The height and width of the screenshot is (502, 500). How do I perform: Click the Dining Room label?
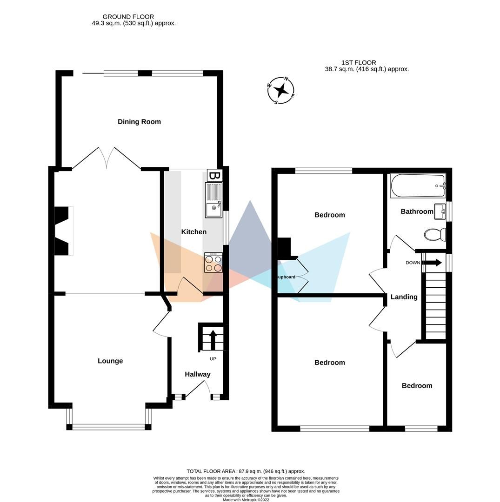pyautogui.click(x=139, y=122)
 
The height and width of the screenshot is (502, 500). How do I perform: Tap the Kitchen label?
pyautogui.click(x=193, y=231)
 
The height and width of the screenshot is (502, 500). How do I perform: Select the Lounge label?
pyautogui.click(x=110, y=361)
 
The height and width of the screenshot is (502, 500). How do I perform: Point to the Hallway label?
pyautogui.click(x=197, y=374)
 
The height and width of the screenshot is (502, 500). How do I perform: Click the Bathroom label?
pyautogui.click(x=417, y=211)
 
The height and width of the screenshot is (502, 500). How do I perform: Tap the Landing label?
pyautogui.click(x=404, y=297)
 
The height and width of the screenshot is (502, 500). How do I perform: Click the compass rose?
pyautogui.click(x=281, y=91)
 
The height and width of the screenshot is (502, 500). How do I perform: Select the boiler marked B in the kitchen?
pyautogui.click(x=214, y=176)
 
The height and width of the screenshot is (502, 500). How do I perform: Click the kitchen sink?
pyautogui.click(x=214, y=200)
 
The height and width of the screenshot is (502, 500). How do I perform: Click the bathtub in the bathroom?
pyautogui.click(x=418, y=186)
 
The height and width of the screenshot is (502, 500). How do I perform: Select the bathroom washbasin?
pyautogui.click(x=440, y=211)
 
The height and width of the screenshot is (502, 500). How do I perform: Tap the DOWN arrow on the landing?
pyautogui.click(x=433, y=263)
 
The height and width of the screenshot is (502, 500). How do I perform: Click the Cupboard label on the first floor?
pyautogui.click(x=286, y=277)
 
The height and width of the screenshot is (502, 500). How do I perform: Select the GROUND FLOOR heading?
pyautogui.click(x=128, y=17)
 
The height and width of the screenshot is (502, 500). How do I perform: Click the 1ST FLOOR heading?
pyautogui.click(x=359, y=63)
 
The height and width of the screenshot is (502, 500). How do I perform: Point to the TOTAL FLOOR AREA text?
pyautogui.click(x=246, y=471)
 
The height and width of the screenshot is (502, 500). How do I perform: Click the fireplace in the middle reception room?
pyautogui.click(x=64, y=231)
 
